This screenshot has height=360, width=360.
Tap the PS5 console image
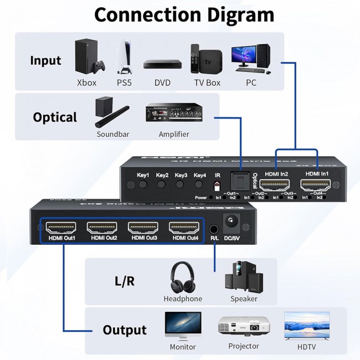pyautogui.click(x=124, y=56)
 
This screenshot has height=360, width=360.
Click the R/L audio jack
pyautogui.click(x=214, y=228)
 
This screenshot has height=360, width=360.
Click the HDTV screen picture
pyautogui.click(x=306, y=325)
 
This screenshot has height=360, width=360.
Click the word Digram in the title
pyautogui.click(x=229, y=14)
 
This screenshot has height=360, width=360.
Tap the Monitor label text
pyautogui.click(x=183, y=347)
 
